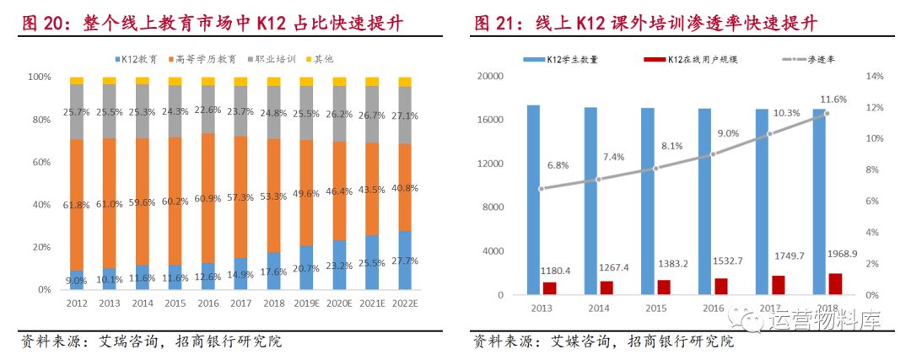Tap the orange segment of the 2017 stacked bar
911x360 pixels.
pos(240,196)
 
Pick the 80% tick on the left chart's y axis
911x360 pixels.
pos(40,120)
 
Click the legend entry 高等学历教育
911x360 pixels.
pos(206,59)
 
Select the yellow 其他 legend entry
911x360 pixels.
pos(324,59)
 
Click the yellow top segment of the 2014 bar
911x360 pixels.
pos(142,80)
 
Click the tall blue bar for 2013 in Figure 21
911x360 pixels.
pos(534,200)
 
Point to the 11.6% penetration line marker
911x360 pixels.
pos(827,113)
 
